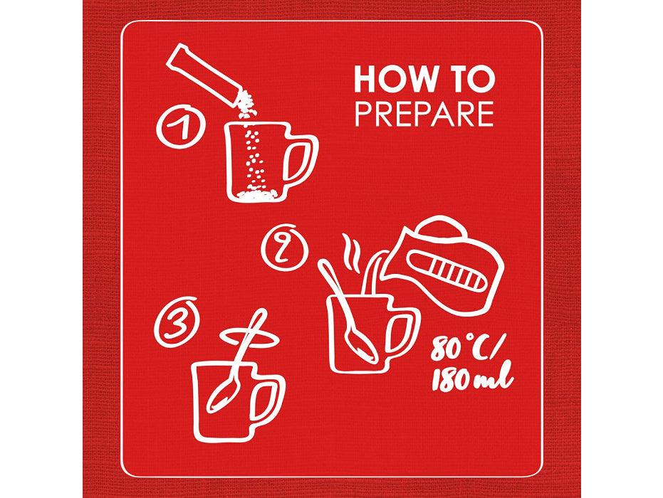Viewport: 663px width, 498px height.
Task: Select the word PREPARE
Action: [424, 113]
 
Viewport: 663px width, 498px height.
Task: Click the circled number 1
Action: [181, 127]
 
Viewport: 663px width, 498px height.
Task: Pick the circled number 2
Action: [284, 248]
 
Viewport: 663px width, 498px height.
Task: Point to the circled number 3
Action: [175, 322]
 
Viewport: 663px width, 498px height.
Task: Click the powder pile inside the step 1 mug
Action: [257, 194]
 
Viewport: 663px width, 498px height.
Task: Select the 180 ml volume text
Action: [472, 377]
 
